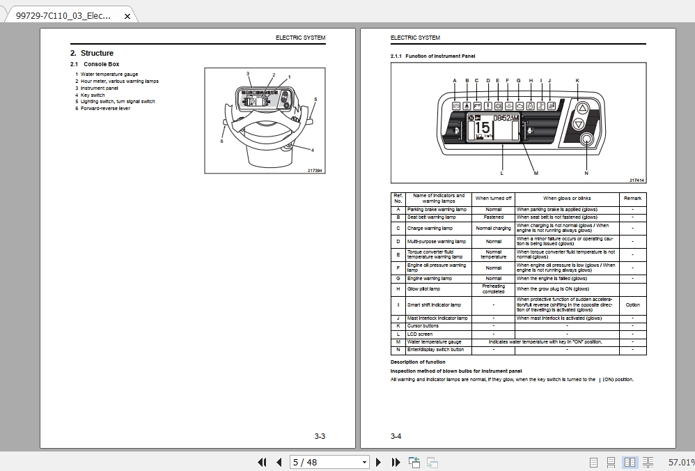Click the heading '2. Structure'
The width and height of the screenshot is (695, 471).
[x=92, y=53]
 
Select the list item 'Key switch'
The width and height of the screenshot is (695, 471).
[x=93, y=95]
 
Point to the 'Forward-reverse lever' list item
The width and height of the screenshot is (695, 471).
[x=105, y=108]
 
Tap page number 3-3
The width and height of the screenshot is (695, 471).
[x=320, y=437]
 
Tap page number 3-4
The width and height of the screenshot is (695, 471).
[x=396, y=437]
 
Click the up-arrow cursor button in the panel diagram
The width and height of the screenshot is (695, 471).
[x=583, y=108]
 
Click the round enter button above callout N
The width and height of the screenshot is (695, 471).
[x=586, y=141]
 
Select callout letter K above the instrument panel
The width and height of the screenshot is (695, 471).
[x=577, y=81]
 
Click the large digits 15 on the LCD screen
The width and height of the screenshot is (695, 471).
[x=481, y=130]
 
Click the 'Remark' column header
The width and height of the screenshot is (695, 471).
[x=632, y=199]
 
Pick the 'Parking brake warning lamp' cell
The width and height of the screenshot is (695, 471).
[x=437, y=209]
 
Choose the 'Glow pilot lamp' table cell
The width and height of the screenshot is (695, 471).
[x=423, y=288]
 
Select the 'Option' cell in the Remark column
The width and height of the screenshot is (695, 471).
[x=632, y=305]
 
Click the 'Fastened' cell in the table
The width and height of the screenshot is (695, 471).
[x=493, y=217]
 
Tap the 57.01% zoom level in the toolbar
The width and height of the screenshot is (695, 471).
[x=680, y=462]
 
